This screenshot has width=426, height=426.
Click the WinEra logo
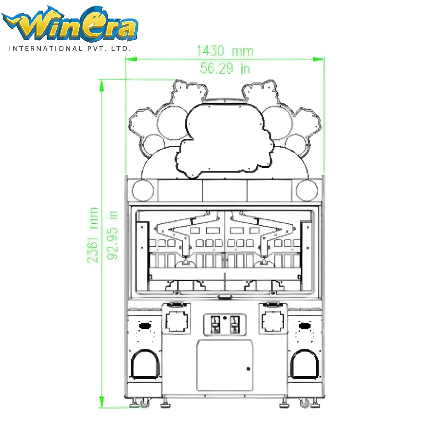(x=70, y=27)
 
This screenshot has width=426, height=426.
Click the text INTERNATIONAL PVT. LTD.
(x=70, y=49)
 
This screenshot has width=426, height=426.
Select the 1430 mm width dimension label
(x=225, y=52)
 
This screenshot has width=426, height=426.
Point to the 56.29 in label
(x=225, y=68)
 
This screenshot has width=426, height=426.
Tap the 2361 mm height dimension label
(x=93, y=235)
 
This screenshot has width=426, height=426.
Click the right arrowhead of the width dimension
(x=318, y=59)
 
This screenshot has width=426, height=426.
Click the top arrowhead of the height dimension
(x=101, y=85)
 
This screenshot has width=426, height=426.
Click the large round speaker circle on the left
(x=143, y=190)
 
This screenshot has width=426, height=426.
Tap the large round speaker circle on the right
(x=307, y=190)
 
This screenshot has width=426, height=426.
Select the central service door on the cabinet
(x=225, y=365)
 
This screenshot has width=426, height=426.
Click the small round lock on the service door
(x=248, y=369)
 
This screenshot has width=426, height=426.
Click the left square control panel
(x=176, y=320)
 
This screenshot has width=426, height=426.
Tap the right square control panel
(x=273, y=320)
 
